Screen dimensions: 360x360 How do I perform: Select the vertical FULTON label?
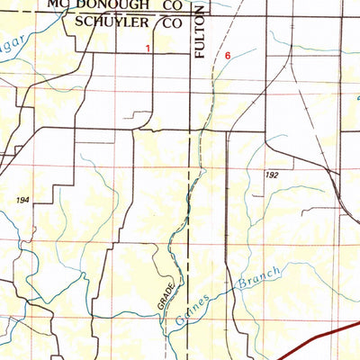(200, 39)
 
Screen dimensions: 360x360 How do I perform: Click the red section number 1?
(148, 51)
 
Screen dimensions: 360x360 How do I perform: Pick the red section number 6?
(228, 56)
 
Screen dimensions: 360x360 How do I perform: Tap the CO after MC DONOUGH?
(172, 4)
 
